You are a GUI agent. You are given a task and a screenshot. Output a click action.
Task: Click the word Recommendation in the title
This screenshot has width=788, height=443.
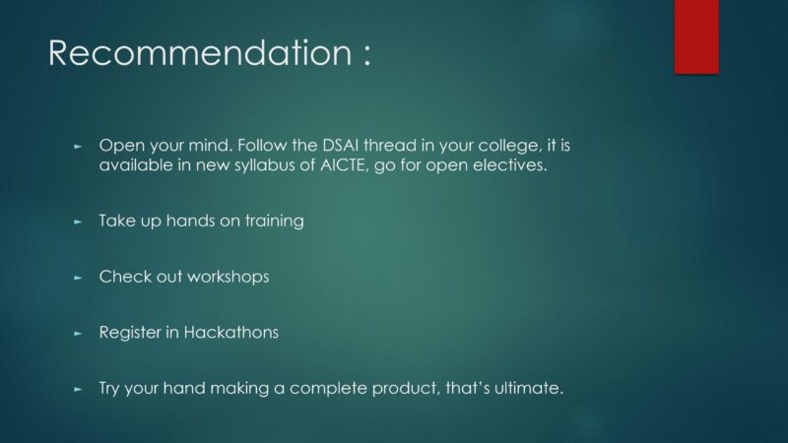coord(200,52)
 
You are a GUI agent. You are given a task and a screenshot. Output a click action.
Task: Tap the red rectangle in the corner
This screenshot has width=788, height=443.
coord(696,36)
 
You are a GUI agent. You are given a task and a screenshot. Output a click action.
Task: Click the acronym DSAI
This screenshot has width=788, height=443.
coord(340,145)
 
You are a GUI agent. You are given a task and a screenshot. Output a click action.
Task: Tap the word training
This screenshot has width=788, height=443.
coord(275,221)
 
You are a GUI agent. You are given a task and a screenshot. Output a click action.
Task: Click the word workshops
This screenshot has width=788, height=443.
coord(229,278)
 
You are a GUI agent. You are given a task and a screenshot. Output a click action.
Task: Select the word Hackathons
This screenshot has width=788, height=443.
coord(231,332)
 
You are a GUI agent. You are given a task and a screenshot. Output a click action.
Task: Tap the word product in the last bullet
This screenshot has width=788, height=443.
coord(406,389)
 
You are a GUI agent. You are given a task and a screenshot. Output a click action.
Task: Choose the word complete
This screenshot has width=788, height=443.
coord(328,389)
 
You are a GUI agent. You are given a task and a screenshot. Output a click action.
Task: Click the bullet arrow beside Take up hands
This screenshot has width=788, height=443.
coord(78,221)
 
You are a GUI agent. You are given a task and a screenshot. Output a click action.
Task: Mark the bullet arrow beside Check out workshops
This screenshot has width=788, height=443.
coord(78,278)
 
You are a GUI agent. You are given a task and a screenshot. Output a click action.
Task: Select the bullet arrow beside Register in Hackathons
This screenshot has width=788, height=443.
coord(78,333)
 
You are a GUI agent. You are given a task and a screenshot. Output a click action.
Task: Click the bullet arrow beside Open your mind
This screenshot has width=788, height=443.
coord(78,146)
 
